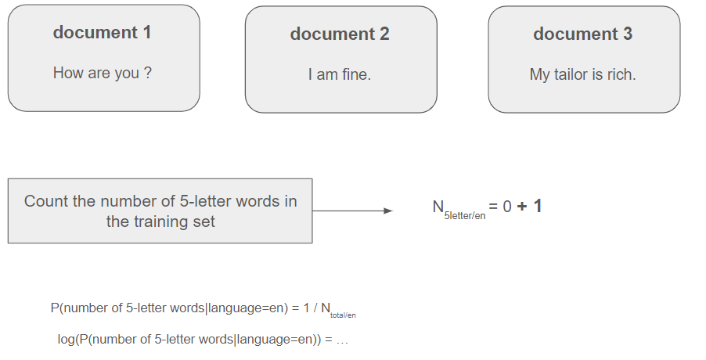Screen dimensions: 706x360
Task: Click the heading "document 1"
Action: click(x=103, y=32)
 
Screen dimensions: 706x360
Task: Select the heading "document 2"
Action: click(x=340, y=34)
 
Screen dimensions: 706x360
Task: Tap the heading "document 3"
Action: click(x=583, y=34)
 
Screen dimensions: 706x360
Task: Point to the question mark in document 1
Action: click(x=148, y=73)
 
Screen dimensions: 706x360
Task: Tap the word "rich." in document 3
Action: click(x=621, y=74)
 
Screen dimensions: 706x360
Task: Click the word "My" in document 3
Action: click(x=539, y=74)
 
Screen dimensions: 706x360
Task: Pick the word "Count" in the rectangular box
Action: click(x=46, y=201)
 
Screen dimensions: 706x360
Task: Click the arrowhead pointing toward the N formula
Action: click(x=388, y=211)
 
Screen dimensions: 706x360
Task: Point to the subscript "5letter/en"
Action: click(x=465, y=215)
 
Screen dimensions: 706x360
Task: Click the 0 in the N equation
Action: click(x=507, y=207)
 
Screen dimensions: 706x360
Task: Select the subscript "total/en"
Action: click(x=343, y=315)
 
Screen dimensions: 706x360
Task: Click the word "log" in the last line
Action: click(x=66, y=340)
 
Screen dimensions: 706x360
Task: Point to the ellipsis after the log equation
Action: click(x=342, y=340)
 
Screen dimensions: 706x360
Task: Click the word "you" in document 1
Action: click(x=127, y=74)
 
